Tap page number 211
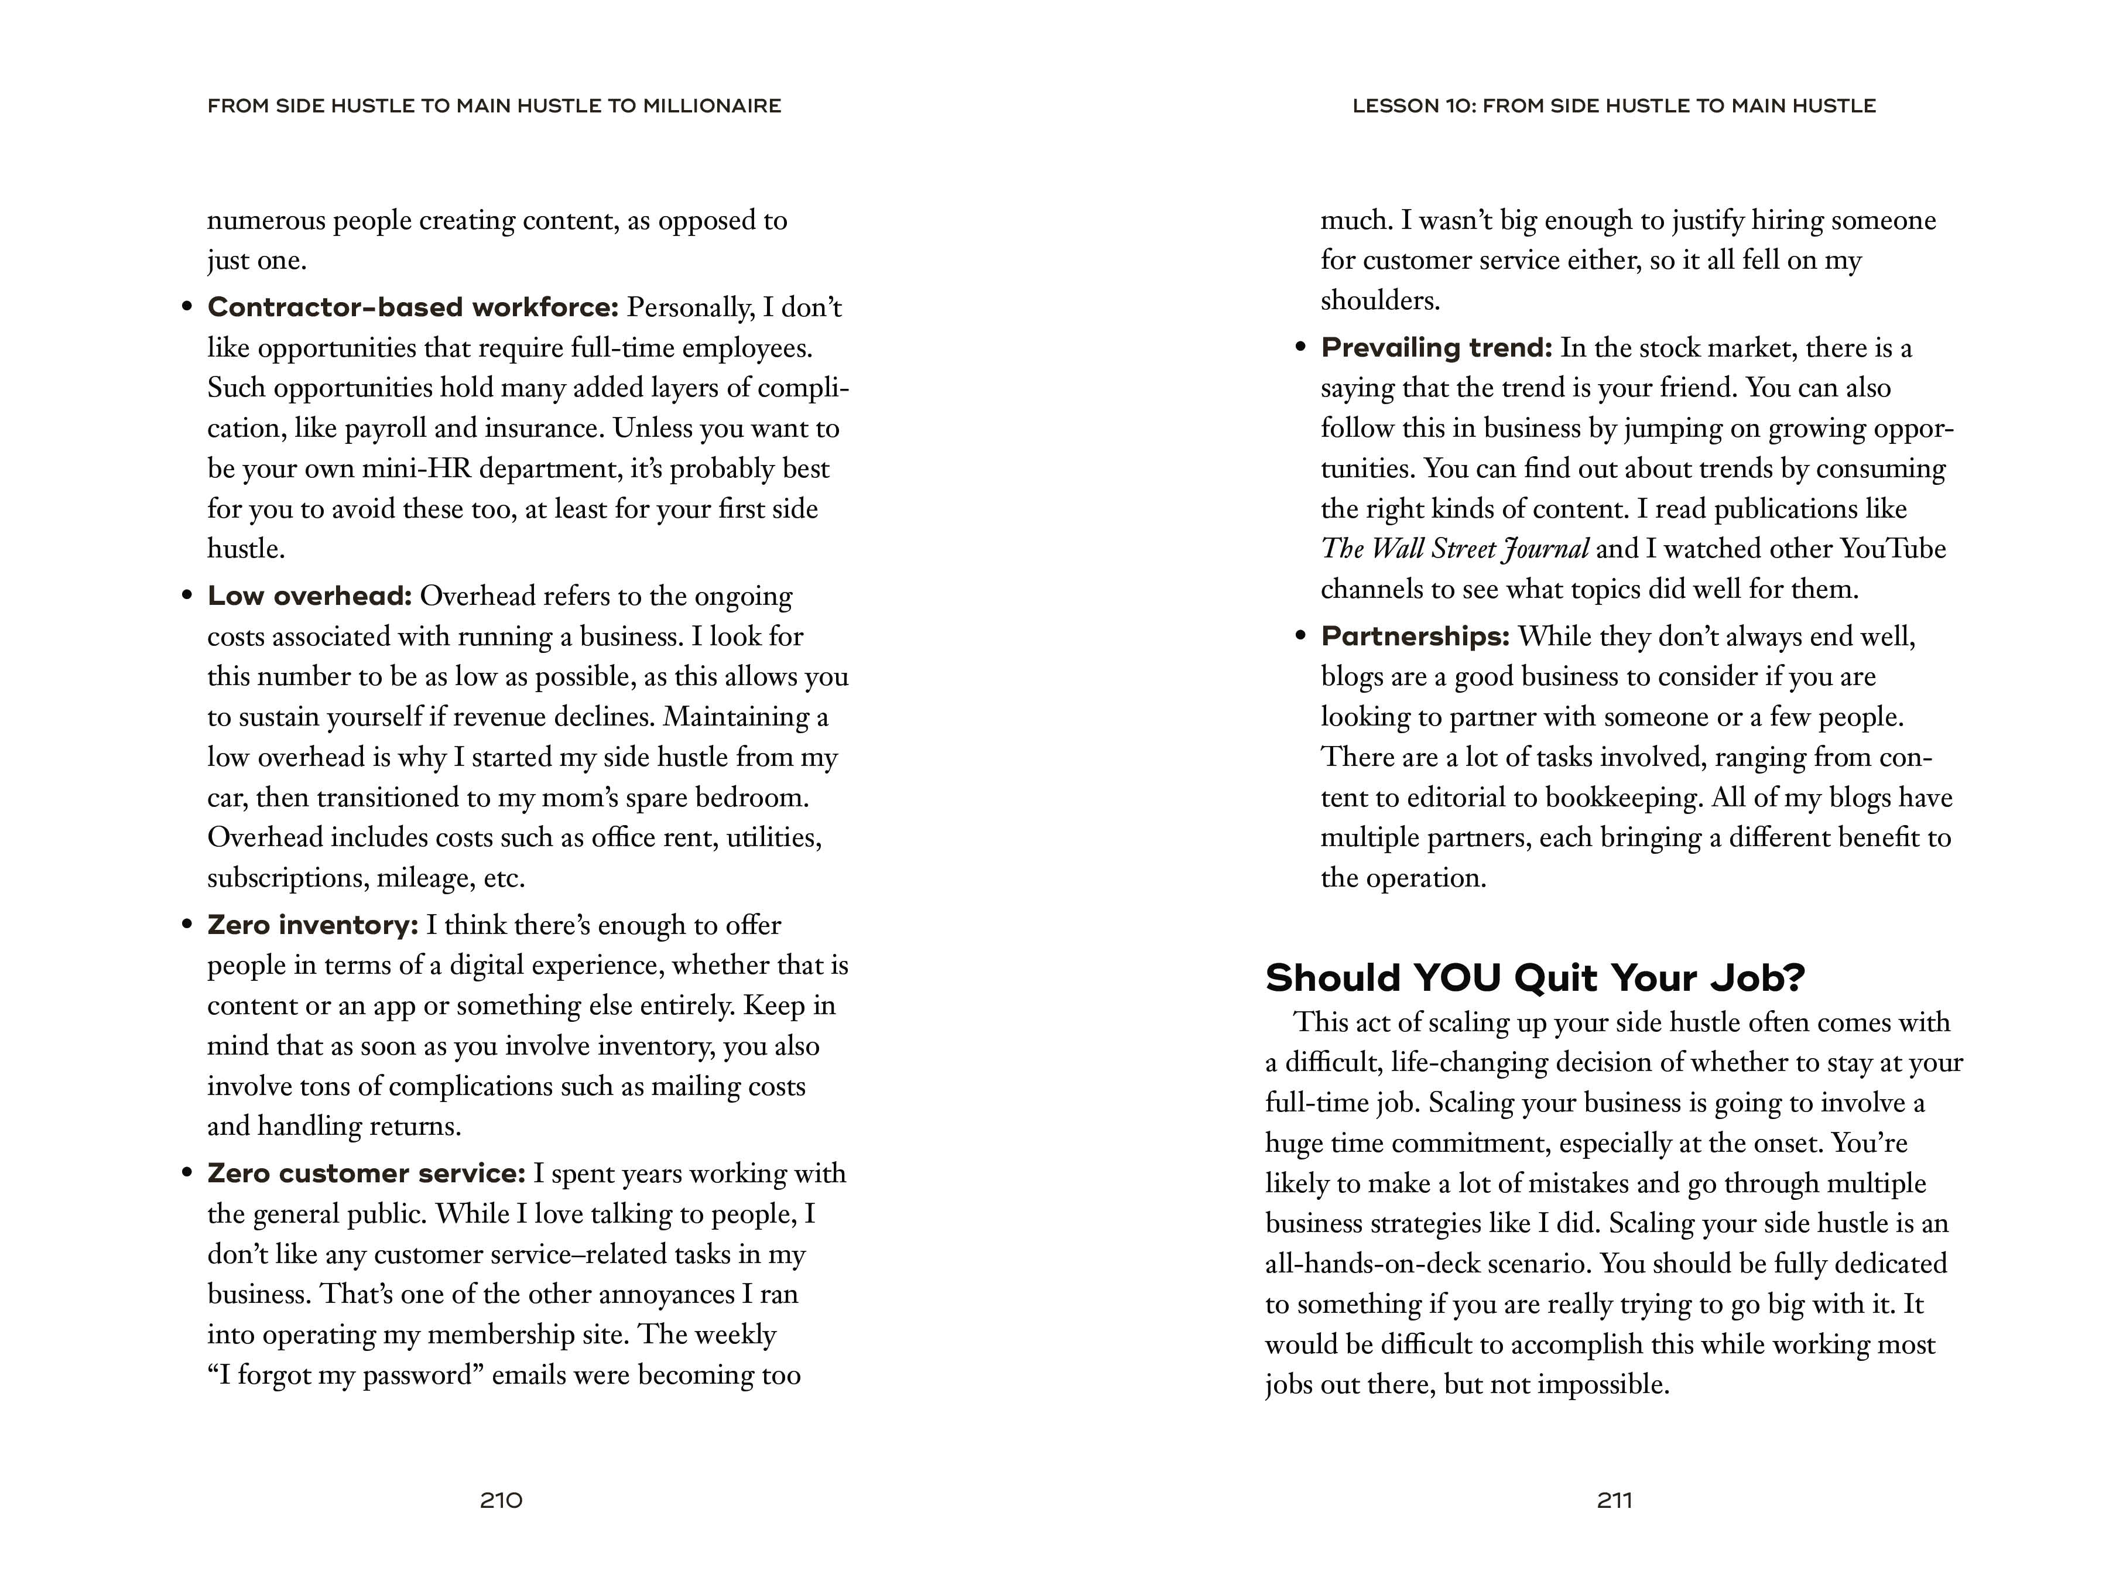tap(1614, 1500)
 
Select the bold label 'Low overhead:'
tap(309, 596)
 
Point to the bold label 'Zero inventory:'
tap(313, 925)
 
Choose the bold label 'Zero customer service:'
tap(367, 1174)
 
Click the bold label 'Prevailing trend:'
tap(1436, 347)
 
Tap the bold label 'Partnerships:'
tap(1415, 636)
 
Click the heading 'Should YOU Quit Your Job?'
tap(1535, 977)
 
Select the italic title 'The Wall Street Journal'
tap(1454, 549)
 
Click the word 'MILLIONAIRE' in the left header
tap(712, 106)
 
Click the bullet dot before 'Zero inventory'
tap(187, 925)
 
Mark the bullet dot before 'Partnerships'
tap(1300, 636)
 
